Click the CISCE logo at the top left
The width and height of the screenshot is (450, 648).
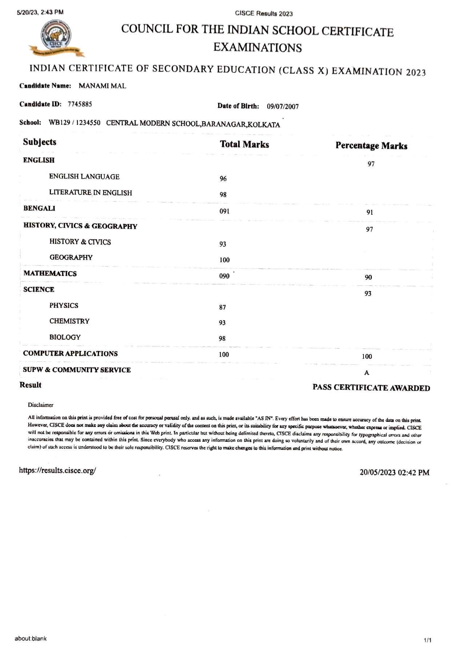[56, 39]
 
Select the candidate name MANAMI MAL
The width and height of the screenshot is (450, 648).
[102, 86]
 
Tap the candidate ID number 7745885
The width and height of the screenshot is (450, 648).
[80, 104]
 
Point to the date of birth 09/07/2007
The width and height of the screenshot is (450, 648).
[282, 107]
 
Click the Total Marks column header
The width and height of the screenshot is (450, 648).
[244, 144]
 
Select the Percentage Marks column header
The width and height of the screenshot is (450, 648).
[371, 146]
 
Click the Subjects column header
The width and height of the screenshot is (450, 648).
[40, 142]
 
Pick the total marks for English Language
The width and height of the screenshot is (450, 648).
[223, 179]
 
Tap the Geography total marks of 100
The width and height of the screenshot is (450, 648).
[224, 260]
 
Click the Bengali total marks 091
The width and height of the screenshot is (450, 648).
[224, 211]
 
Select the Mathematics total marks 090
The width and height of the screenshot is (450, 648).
[224, 276]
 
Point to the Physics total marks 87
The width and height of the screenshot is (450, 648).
[222, 307]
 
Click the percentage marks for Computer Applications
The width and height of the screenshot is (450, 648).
[367, 356]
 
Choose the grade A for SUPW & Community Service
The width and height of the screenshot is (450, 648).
[367, 373]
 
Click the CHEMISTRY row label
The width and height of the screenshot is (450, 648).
[69, 321]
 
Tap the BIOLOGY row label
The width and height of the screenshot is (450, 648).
[65, 337]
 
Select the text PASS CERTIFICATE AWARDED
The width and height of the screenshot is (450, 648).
[371, 388]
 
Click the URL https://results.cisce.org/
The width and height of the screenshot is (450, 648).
[57, 471]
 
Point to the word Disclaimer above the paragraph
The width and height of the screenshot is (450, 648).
[41, 405]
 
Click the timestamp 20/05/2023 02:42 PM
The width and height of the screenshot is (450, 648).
[394, 472]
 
